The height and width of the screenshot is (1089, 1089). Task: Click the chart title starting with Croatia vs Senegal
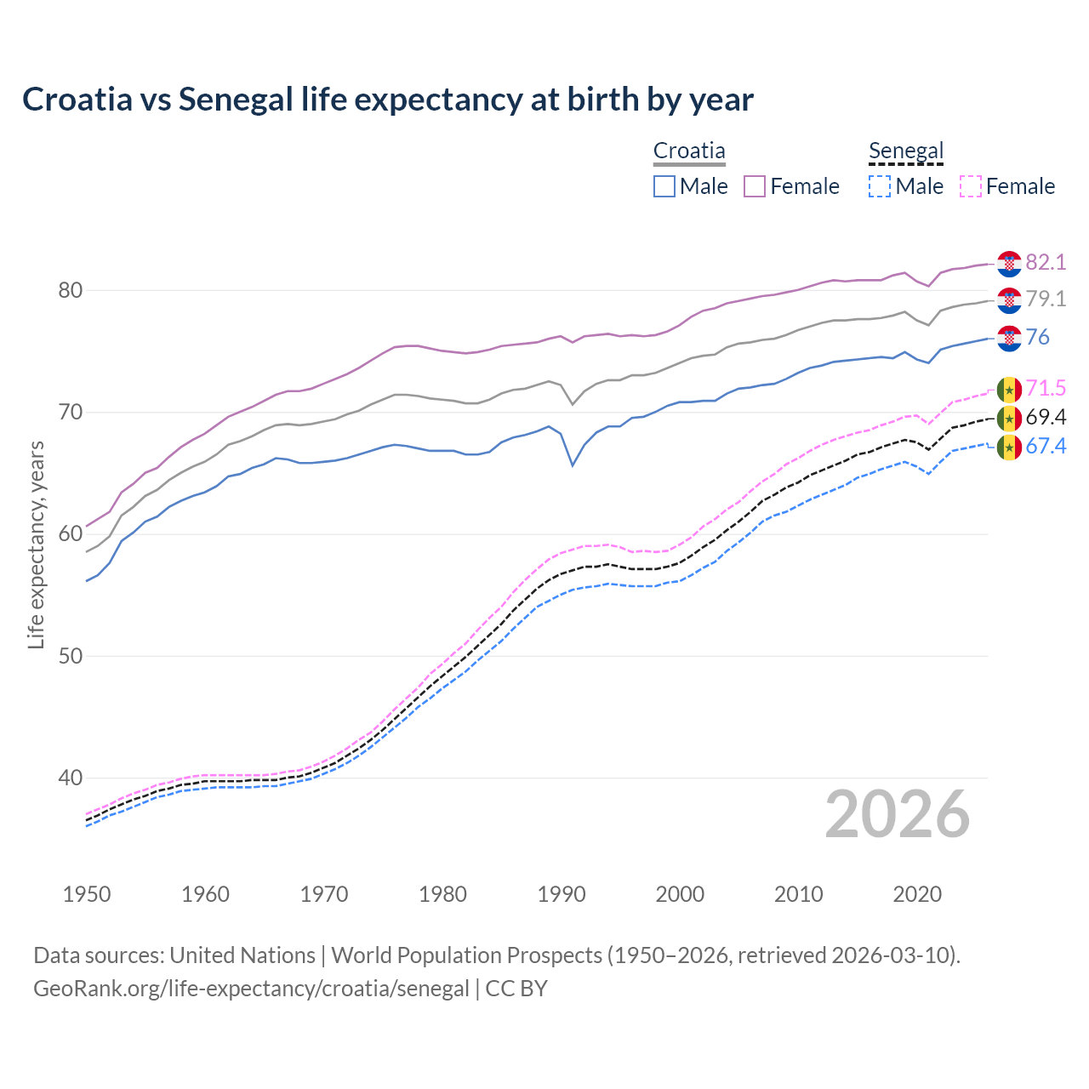click(387, 100)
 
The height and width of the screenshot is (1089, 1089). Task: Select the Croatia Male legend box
click(664, 186)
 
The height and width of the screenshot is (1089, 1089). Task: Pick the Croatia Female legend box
click(755, 186)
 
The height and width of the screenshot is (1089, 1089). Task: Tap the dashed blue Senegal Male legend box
click(880, 186)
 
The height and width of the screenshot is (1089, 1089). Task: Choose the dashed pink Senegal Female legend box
click(971, 186)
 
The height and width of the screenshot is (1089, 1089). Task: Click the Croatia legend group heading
click(689, 151)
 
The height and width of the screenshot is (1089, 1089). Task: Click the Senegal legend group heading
click(906, 151)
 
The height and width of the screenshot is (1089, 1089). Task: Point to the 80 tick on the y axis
click(71, 291)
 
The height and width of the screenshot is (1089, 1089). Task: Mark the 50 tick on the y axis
click(71, 656)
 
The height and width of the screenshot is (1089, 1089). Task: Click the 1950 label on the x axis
click(87, 894)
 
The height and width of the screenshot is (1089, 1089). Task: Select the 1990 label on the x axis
click(562, 894)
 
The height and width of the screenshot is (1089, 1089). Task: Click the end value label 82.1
click(1046, 262)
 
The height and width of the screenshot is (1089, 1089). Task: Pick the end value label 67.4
click(1046, 446)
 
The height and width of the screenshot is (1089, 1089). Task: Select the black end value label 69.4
click(1046, 417)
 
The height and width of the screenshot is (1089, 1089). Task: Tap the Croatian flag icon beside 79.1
click(1009, 300)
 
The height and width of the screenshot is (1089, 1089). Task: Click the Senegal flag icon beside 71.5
click(1009, 389)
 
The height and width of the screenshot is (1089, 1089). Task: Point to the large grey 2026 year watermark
click(898, 814)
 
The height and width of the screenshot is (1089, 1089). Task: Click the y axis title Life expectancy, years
click(36, 544)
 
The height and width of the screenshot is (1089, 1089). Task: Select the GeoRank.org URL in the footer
click(251, 989)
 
